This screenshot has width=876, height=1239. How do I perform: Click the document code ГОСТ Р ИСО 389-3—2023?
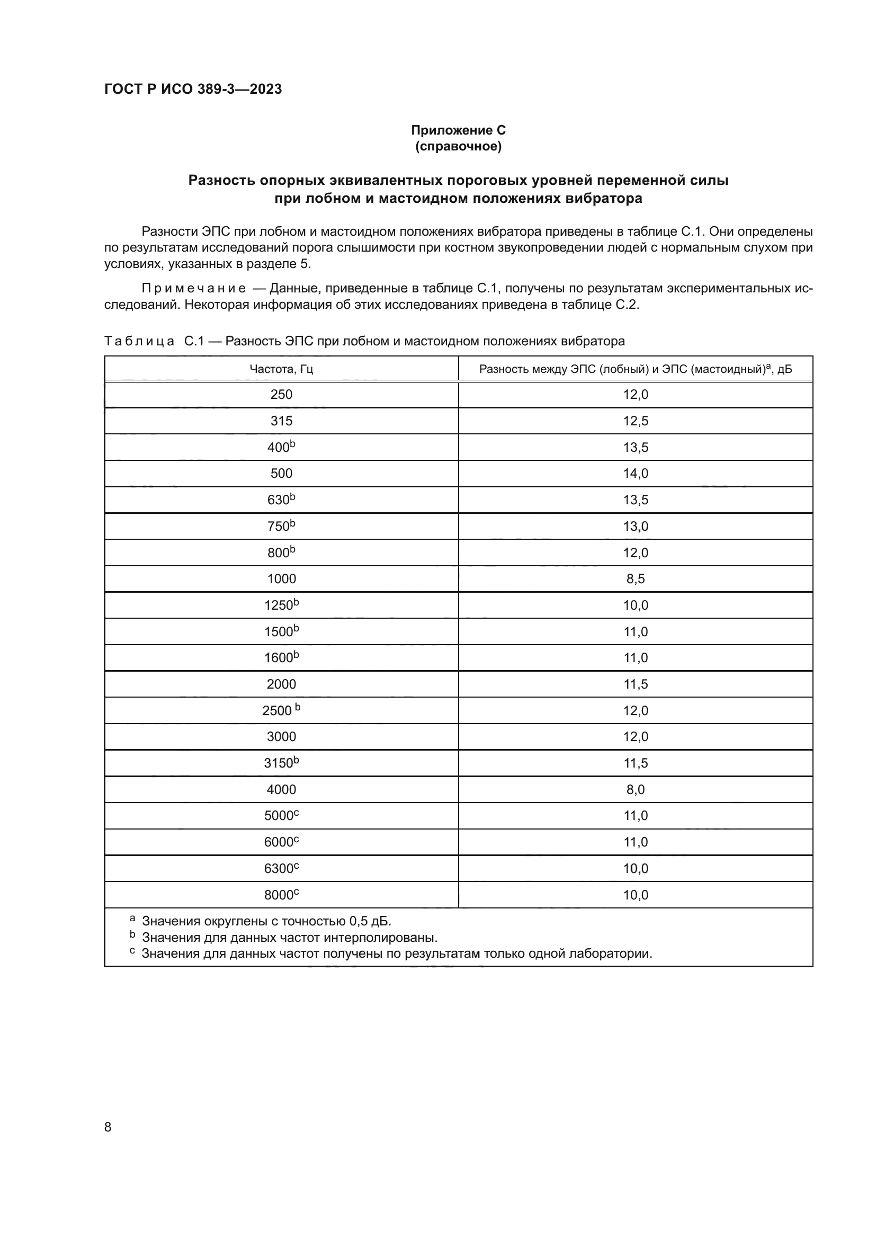[x=193, y=89]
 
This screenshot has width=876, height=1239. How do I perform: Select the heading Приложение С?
[x=458, y=130]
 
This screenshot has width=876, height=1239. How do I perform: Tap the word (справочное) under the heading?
[x=458, y=146]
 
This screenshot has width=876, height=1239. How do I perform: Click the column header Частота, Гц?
[x=281, y=369]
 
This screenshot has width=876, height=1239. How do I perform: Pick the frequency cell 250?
[x=281, y=395]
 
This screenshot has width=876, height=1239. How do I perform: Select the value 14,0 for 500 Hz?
[x=636, y=473]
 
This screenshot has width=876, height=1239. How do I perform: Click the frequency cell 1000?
[x=281, y=579]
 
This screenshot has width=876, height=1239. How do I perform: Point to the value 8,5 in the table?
[x=636, y=579]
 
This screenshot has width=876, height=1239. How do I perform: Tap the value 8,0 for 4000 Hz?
[x=636, y=789]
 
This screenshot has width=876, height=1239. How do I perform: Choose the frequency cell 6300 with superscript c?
[x=281, y=869]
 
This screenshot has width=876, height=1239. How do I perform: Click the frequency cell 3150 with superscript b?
[x=281, y=763]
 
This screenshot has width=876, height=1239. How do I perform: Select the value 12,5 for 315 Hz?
[x=636, y=421]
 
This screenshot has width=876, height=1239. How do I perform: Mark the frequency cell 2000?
[x=281, y=684]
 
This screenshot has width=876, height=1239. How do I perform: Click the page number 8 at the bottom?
[x=108, y=1127]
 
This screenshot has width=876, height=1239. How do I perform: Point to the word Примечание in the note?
[x=194, y=289]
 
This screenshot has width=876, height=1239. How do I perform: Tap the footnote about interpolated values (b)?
[x=289, y=938]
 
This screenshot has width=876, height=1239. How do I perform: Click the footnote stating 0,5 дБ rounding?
[x=266, y=921]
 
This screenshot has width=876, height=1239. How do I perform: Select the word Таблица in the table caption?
[x=139, y=341]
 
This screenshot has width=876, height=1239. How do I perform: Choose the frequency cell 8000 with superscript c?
[x=281, y=895]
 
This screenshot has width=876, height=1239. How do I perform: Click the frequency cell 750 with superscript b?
[x=281, y=526]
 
